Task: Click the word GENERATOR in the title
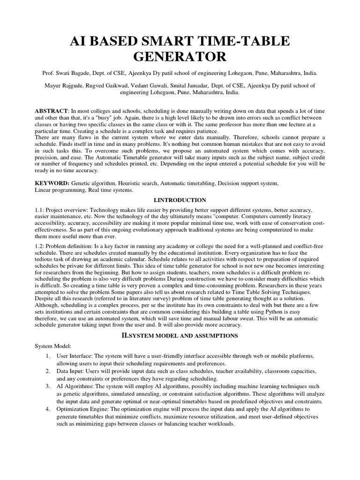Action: tap(180, 57)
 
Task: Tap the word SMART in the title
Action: tap(155, 41)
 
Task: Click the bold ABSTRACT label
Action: tap(52, 110)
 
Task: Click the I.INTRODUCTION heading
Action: tap(180, 200)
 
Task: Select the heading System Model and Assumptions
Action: tap(180, 336)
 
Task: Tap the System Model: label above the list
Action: tap(52, 345)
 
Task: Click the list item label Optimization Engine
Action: tap(82, 409)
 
